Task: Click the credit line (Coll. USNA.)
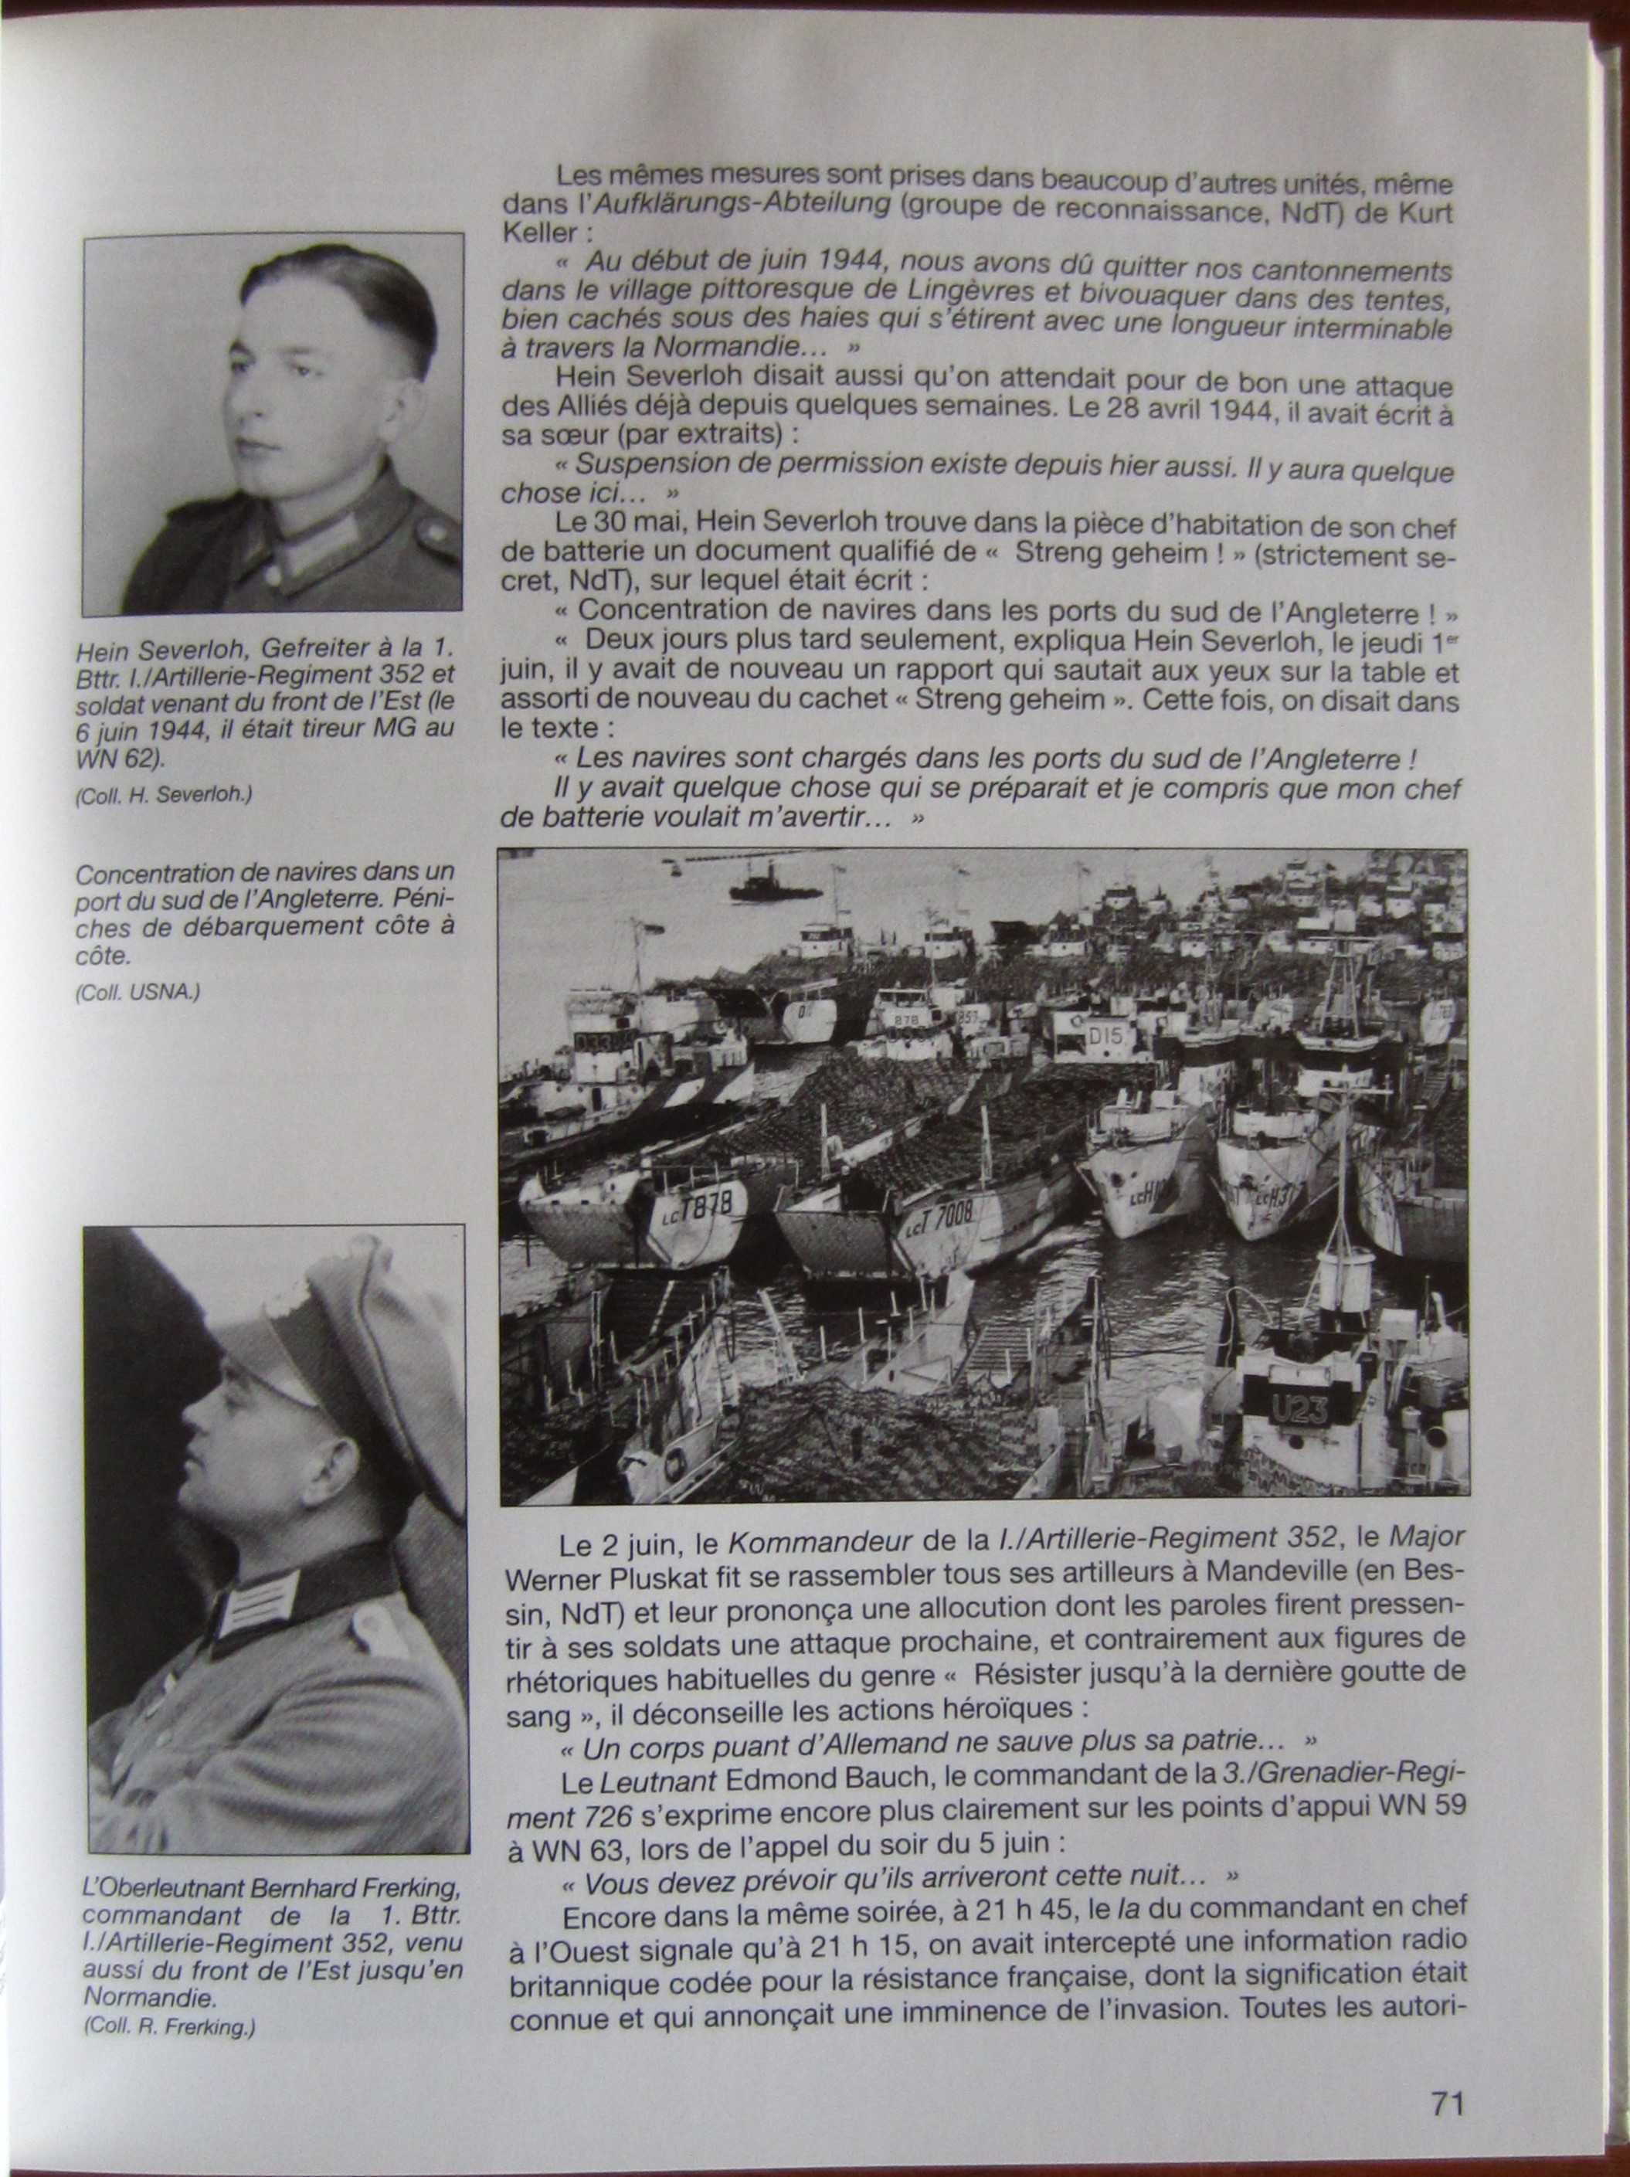coord(138,993)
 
